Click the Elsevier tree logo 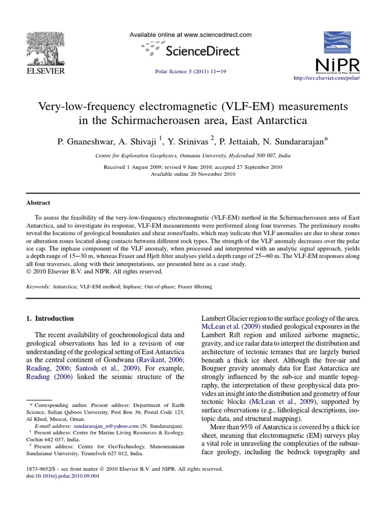(x=45, y=48)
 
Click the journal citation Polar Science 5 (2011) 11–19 (x=190, y=71)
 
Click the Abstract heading (x=38, y=203)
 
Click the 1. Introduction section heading (x=50, y=318)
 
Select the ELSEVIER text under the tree (x=45, y=71)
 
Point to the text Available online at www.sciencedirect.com (x=190, y=35)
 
